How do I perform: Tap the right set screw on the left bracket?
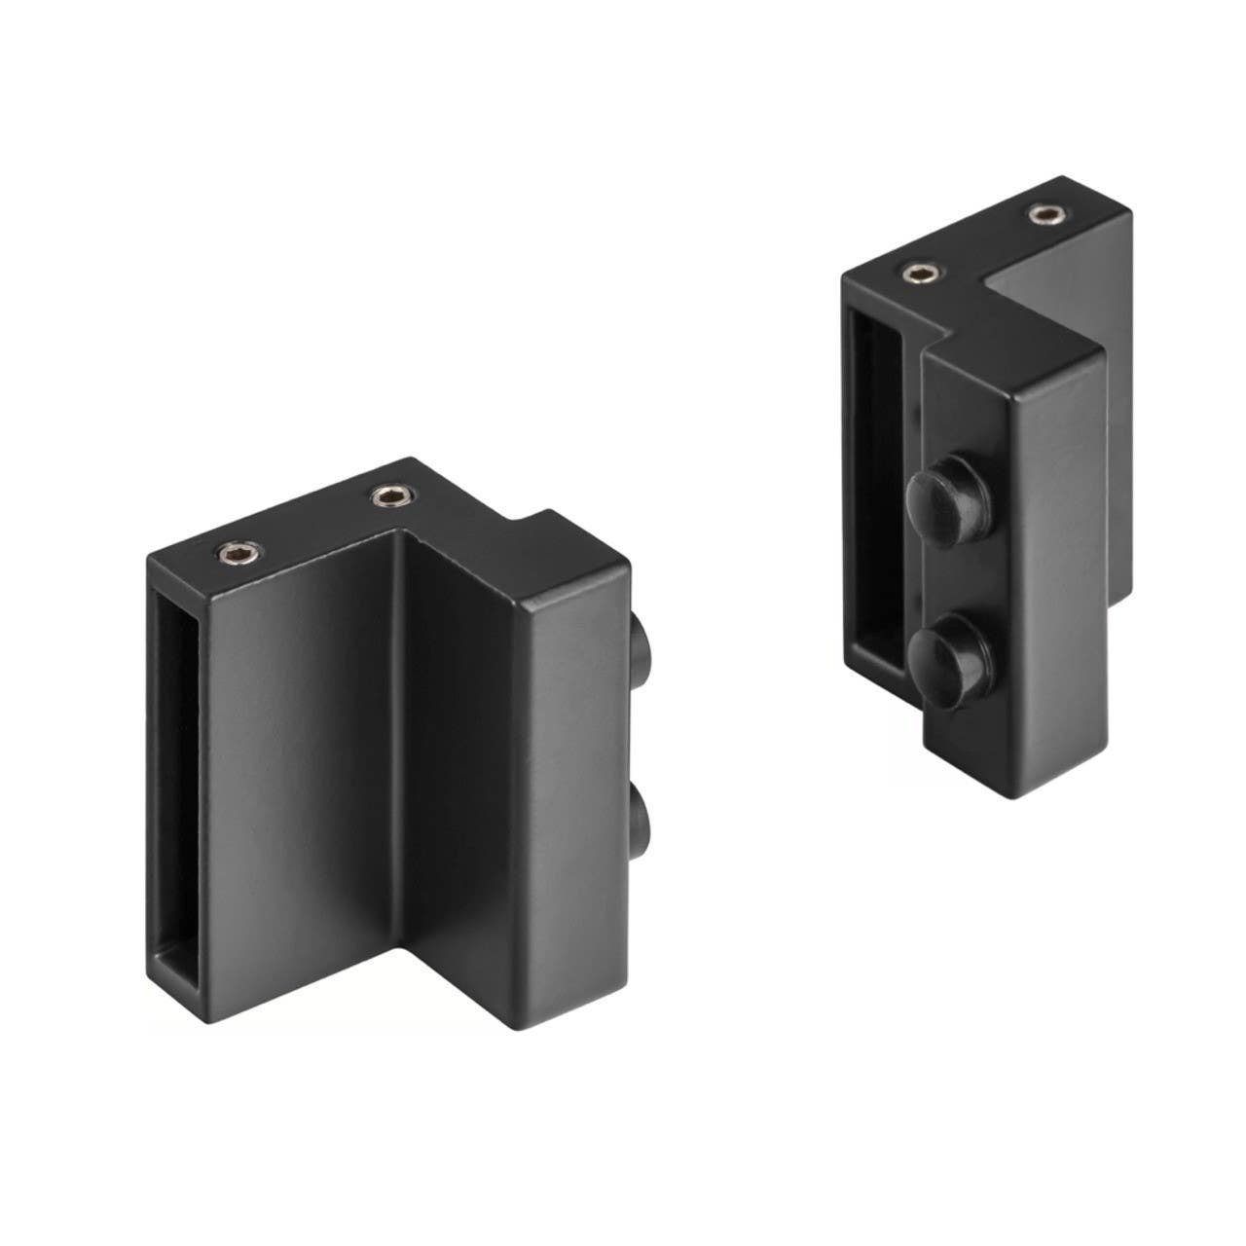(x=391, y=499)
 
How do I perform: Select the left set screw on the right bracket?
(x=919, y=275)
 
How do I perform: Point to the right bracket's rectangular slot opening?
(x=875, y=487)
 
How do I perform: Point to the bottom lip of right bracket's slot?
(x=881, y=672)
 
